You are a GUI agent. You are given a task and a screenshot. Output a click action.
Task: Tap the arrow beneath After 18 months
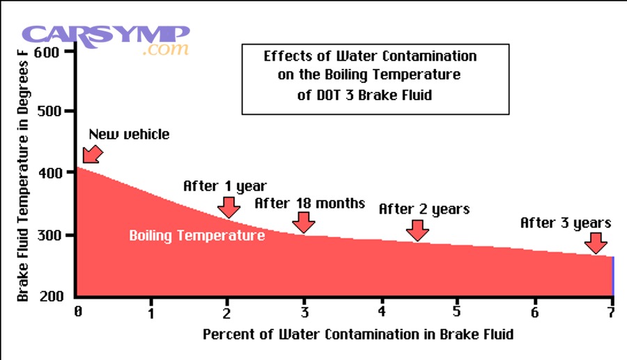tap(303, 222)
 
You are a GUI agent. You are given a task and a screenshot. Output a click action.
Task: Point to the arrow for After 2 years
tap(417, 229)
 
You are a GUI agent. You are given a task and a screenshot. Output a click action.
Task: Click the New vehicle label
tap(129, 134)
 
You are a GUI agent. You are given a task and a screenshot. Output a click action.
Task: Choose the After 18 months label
tap(309, 203)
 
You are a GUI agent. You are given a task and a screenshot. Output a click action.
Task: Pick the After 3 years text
tap(566, 224)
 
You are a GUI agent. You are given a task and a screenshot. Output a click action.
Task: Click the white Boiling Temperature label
tap(196, 236)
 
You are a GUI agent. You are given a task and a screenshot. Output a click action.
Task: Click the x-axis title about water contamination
tap(358, 334)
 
